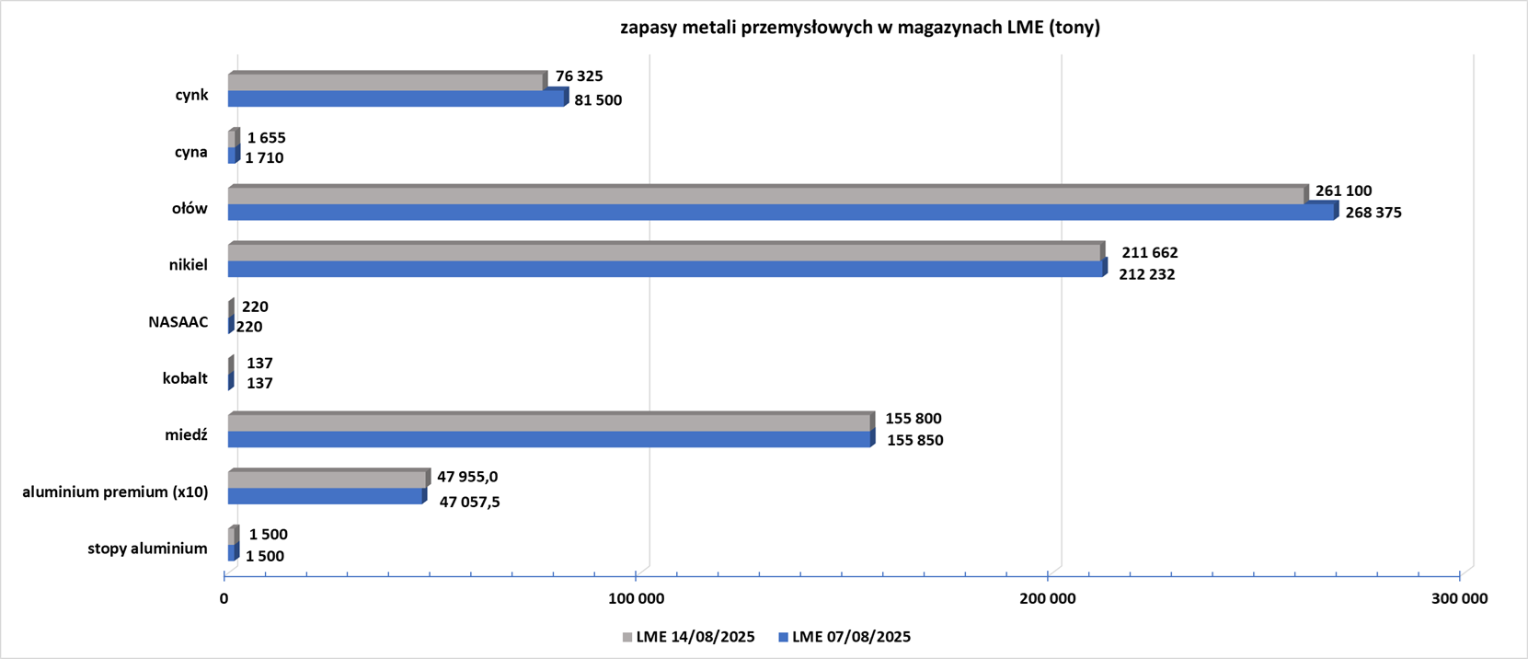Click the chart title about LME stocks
[x=859, y=28]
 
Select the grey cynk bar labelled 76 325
[x=385, y=83]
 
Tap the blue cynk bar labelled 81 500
[x=396, y=98]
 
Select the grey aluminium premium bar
[x=327, y=480]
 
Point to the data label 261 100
[x=1343, y=191]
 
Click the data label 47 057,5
[x=469, y=503]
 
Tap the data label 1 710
[x=264, y=158]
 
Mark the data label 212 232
[x=1146, y=274]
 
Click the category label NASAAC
[x=178, y=322]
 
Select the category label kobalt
[x=185, y=378]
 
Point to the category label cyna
[x=190, y=152]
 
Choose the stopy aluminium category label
[x=147, y=549]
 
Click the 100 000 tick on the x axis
[x=636, y=599]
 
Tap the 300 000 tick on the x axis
[x=1459, y=599]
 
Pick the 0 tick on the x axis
[x=224, y=599]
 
